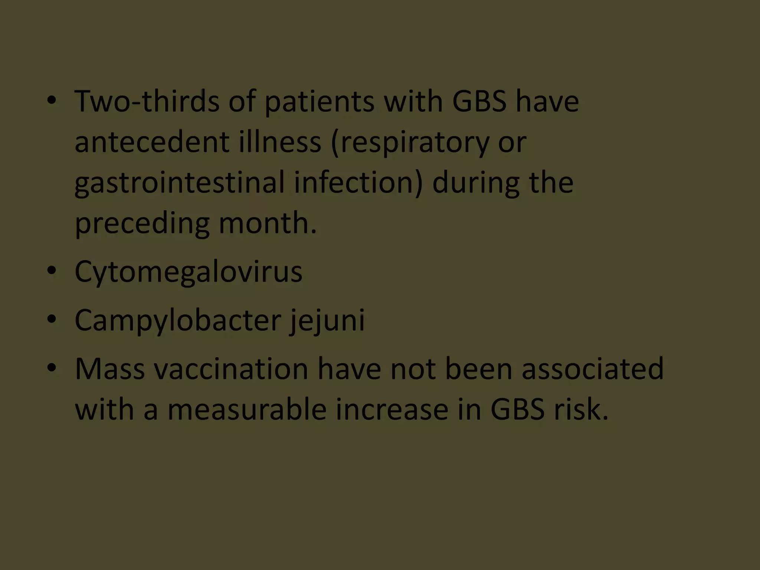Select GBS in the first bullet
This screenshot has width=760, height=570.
479,101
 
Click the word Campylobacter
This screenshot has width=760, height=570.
178,320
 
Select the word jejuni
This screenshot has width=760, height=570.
327,320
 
